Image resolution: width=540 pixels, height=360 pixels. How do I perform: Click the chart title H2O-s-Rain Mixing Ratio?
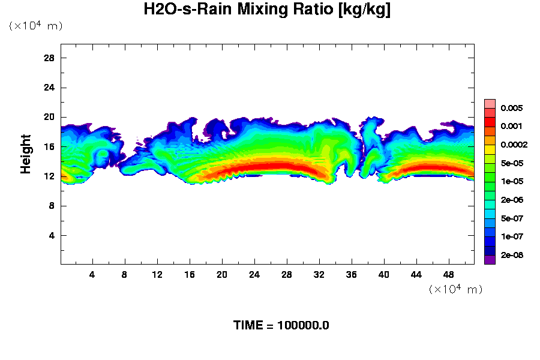[x=268, y=10]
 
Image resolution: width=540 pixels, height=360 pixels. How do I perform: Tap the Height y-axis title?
[x=26, y=161]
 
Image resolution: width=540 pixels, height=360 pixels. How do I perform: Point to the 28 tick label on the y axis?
[x=50, y=58]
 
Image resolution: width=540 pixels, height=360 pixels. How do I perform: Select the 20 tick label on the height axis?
[x=50, y=117]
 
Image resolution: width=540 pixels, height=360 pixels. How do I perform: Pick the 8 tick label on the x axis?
[x=125, y=275]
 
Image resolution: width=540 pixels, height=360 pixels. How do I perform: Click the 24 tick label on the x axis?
[x=254, y=275]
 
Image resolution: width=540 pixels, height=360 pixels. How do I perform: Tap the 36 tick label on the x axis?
[x=352, y=275]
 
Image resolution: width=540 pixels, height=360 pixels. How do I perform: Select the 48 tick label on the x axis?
[x=449, y=275]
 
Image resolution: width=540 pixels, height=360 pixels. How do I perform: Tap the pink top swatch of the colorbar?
[x=490, y=103]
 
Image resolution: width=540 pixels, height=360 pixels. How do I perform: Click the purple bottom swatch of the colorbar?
[x=490, y=260]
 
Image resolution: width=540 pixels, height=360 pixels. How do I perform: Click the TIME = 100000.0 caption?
[x=281, y=326]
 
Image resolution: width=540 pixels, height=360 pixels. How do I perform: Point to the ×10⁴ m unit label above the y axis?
[x=35, y=26]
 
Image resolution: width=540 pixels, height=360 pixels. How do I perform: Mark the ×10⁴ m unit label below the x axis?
[x=455, y=290]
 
